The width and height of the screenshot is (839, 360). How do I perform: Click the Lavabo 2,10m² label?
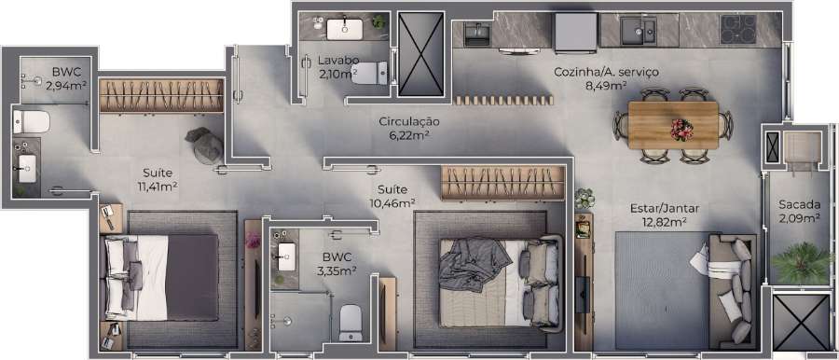click(337, 68)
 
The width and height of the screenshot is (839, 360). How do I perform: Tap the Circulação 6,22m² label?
click(409, 129)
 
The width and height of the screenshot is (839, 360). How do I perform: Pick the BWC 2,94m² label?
click(67, 79)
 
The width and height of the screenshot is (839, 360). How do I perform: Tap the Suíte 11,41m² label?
click(158, 179)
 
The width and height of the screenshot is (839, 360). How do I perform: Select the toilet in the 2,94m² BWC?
click(32, 120)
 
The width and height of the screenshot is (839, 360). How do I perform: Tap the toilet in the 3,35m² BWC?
click(350, 321)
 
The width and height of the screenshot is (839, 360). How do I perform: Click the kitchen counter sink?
click(640, 30)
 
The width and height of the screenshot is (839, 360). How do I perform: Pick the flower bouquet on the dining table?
click(681, 128)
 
